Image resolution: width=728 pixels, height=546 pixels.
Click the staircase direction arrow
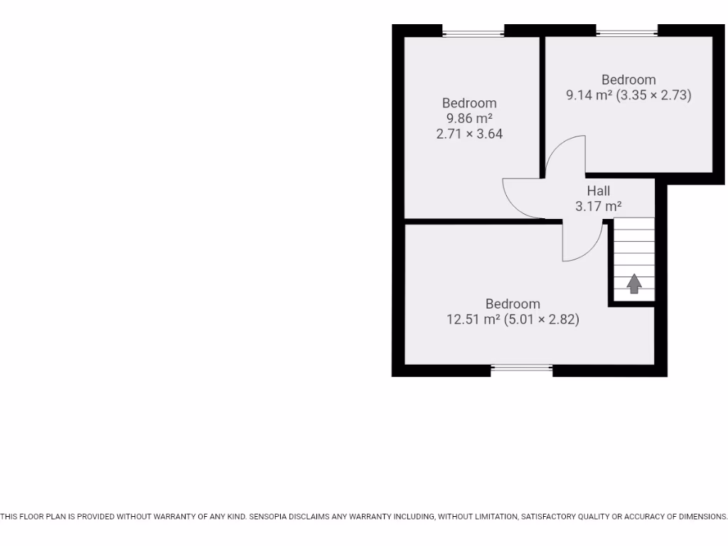[634, 284]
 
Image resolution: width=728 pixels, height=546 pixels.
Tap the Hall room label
[599, 191]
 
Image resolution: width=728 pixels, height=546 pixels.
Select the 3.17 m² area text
[599, 207]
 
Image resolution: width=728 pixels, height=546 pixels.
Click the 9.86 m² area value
[469, 119]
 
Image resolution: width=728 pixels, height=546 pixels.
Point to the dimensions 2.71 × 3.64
[469, 134]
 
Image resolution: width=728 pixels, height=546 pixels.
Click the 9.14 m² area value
[589, 95]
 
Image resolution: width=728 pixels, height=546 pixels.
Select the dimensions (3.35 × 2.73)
[654, 95]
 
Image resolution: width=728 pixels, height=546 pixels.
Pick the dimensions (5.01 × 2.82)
[542, 320]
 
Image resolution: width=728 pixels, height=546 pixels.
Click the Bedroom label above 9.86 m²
[469, 103]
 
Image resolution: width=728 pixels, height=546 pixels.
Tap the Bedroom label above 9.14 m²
[628, 80]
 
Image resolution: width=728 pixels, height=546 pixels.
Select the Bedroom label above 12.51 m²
[513, 304]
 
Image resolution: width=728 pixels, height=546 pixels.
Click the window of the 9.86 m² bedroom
[473, 32]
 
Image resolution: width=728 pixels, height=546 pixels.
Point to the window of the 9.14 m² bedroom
[627, 32]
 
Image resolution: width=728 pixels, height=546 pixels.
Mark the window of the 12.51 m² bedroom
[522, 368]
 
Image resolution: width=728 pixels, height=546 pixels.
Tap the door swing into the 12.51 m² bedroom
[582, 242]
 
